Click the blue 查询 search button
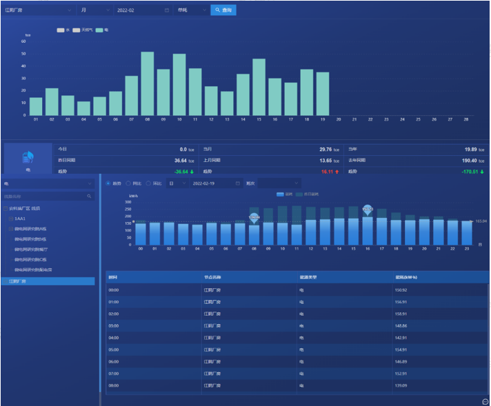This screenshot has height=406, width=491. [x=223, y=10]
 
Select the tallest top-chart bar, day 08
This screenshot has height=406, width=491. [x=147, y=83]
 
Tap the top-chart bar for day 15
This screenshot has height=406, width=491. [x=259, y=87]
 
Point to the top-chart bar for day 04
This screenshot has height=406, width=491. [x=83, y=108]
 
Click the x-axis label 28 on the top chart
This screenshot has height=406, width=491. [x=466, y=119]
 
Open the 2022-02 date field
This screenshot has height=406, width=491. [x=142, y=10]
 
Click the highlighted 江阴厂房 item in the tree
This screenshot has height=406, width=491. [x=17, y=281]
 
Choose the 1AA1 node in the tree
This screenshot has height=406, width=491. [x=20, y=218]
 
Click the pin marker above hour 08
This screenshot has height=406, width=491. [x=254, y=217]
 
